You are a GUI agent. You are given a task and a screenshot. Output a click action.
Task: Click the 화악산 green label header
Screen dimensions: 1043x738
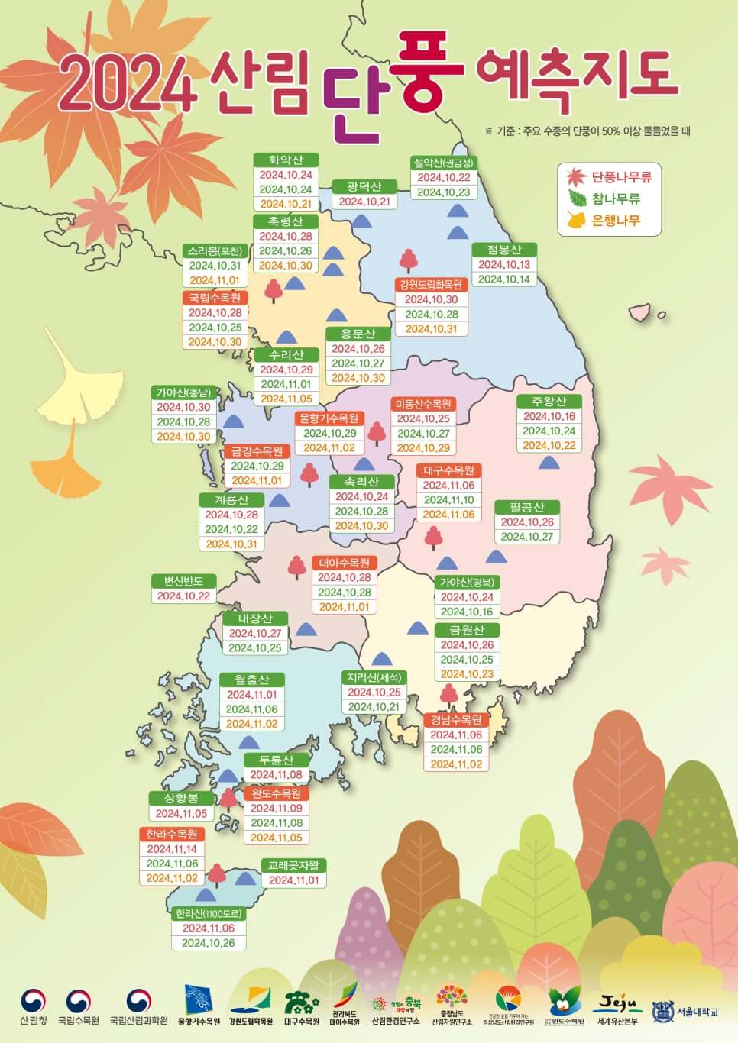click(x=286, y=160)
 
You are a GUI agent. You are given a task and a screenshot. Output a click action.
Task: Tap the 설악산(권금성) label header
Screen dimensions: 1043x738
click(x=443, y=163)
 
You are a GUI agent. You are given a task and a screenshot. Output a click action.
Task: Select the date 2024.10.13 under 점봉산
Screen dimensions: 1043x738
click(x=503, y=265)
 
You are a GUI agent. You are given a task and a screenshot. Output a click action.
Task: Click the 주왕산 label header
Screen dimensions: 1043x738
click(x=550, y=402)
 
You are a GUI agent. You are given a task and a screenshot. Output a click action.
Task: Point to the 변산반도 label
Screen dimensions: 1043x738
click(x=183, y=581)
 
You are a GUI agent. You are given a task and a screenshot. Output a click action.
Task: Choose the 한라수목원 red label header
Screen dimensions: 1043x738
click(x=172, y=834)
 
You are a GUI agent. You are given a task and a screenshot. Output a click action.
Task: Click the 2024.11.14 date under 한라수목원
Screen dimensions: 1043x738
click(x=172, y=849)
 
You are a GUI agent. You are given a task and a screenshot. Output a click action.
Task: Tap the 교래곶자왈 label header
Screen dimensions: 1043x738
click(x=294, y=866)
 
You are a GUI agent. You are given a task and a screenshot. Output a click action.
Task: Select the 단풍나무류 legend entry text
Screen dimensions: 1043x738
click(x=621, y=177)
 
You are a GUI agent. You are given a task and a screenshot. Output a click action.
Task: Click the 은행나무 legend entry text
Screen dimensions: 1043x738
click(x=616, y=221)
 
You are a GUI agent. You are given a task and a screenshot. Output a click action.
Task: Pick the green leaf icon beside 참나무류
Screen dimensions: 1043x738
click(x=576, y=199)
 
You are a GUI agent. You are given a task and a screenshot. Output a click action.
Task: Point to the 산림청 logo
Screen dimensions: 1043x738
click(x=33, y=1006)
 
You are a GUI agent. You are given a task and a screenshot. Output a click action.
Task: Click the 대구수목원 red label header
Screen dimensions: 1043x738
click(x=448, y=470)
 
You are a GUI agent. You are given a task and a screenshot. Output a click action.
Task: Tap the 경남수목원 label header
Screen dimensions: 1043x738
click(x=456, y=720)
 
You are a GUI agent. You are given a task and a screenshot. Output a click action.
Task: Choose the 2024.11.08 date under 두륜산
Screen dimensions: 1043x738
click(x=276, y=774)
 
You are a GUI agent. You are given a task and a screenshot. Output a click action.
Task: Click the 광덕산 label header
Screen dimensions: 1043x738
click(x=364, y=187)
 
